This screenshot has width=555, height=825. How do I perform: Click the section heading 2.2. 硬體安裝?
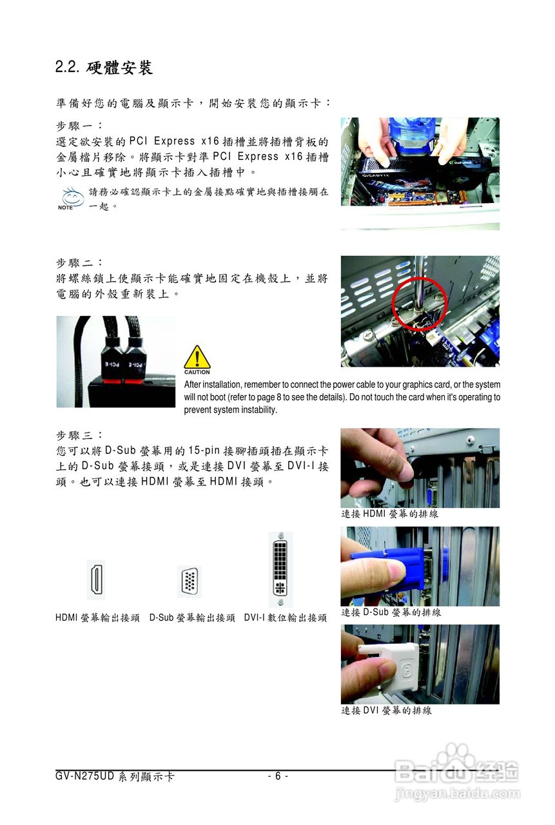104,68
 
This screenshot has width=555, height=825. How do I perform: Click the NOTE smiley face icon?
72,197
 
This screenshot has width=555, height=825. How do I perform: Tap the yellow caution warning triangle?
197,357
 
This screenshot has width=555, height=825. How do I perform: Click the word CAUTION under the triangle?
197,373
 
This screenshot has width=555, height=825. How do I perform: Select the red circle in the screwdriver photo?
420,303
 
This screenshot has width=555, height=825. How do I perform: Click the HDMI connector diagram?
96,579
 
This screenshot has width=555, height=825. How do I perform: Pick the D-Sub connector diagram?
190,581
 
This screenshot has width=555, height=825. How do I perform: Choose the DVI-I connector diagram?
280,569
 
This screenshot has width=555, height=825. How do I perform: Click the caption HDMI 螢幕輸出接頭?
97,617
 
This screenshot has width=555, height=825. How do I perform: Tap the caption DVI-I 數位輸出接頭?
286,617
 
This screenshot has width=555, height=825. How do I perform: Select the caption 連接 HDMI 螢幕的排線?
389,514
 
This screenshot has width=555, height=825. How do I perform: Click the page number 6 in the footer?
278,776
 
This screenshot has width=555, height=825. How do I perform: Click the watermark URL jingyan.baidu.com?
458,793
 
